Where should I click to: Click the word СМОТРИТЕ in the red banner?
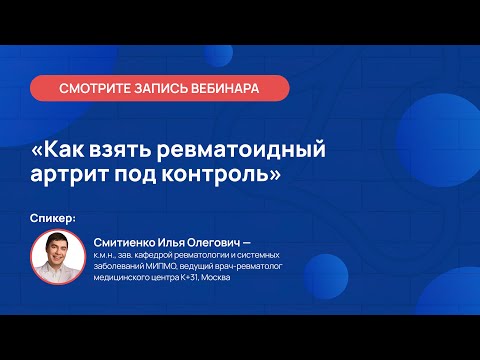[96, 88]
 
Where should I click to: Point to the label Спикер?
[54, 218]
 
